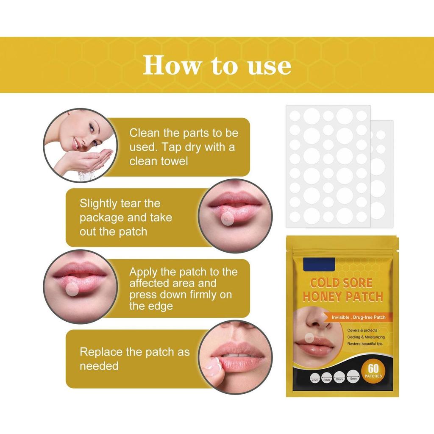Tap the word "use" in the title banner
point(270,66)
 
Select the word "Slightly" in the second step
point(98,203)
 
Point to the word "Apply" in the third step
point(144,272)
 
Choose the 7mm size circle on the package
point(315,377)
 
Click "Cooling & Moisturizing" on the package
point(366,337)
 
